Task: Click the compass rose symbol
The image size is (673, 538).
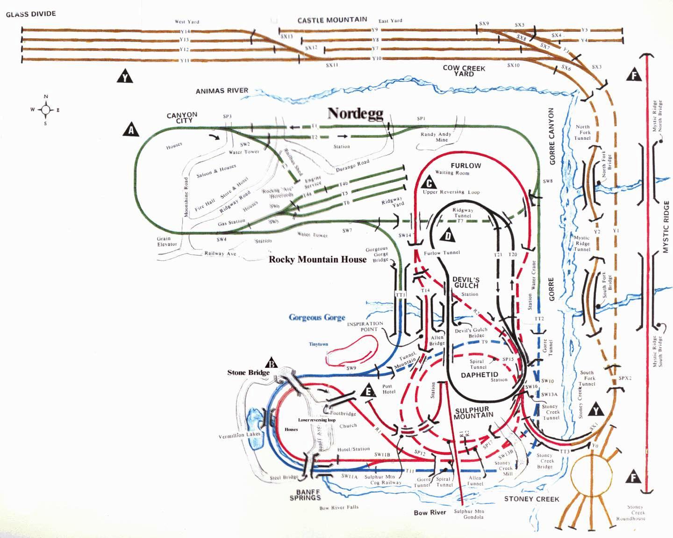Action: tap(46, 110)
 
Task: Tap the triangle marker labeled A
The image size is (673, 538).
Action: tap(131, 129)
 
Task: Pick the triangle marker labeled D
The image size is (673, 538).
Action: tap(448, 236)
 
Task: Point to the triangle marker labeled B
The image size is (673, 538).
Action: tap(272, 363)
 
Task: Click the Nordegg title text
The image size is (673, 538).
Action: tap(355, 114)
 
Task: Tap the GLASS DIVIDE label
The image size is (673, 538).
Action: tap(31, 14)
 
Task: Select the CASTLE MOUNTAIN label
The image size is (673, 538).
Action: tap(332, 20)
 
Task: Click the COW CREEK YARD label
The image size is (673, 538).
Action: tap(464, 71)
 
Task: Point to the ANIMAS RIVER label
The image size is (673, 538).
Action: tap(222, 91)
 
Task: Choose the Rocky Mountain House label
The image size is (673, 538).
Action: tap(317, 259)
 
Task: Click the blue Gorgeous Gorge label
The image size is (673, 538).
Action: tap(317, 318)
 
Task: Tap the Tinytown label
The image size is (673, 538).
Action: tap(318, 344)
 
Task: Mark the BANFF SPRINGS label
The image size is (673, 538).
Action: tap(308, 495)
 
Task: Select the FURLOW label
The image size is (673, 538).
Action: tap(465, 165)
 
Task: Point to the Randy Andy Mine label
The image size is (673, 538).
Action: tap(436, 136)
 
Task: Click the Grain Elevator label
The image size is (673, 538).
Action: tap(167, 241)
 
